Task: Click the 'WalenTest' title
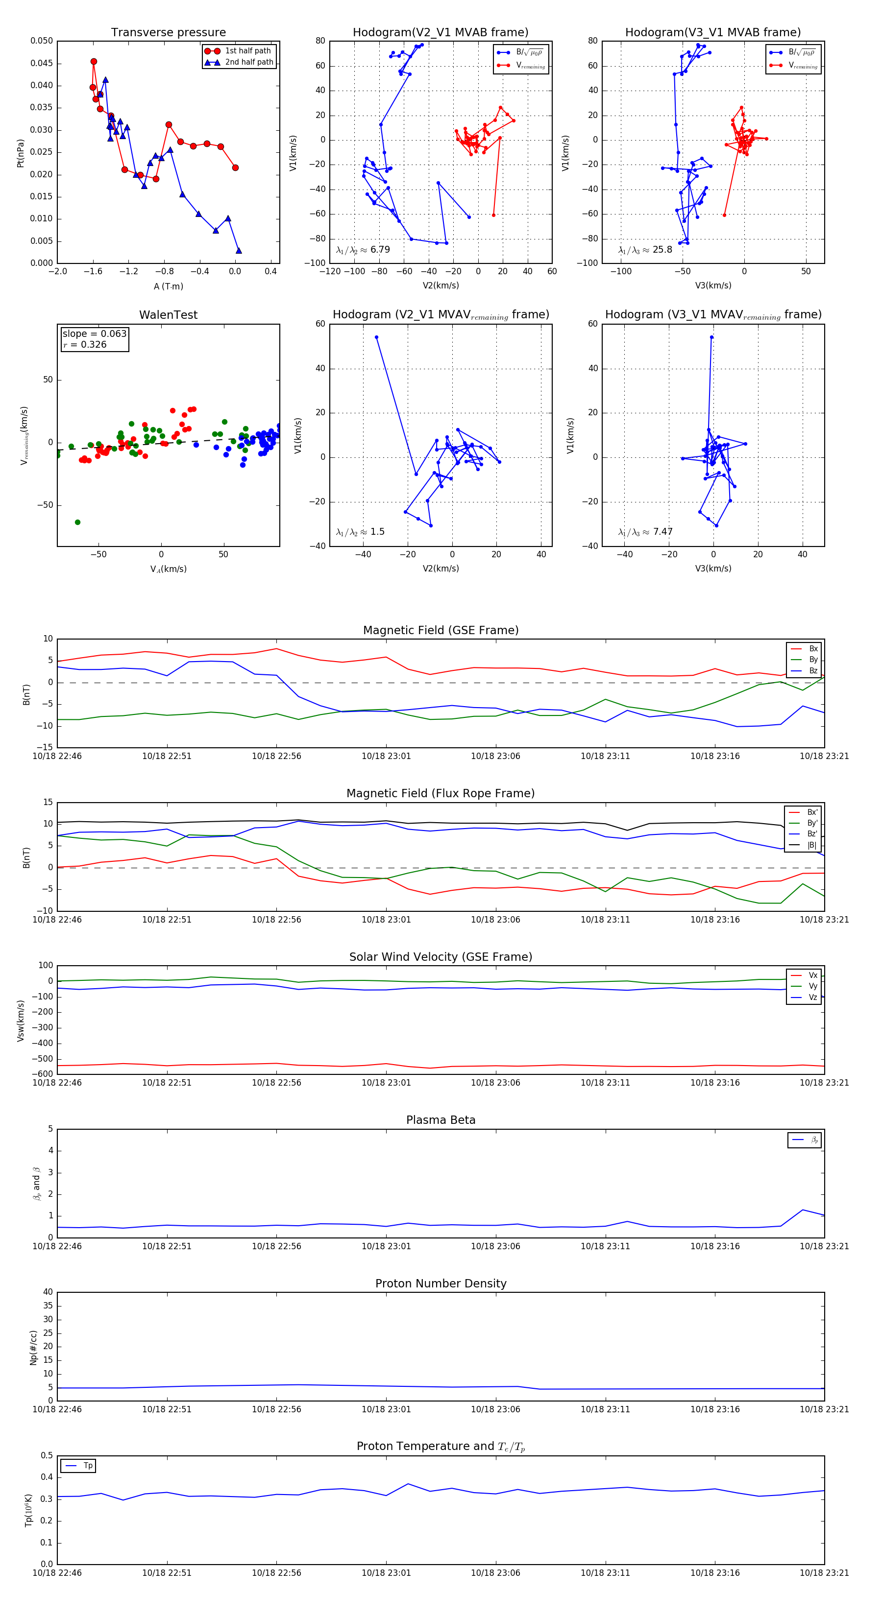[168, 315]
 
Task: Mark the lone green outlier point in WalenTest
[78, 522]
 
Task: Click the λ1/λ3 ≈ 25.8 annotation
[645, 250]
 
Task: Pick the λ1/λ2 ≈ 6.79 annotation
[363, 250]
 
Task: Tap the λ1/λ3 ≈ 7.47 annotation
[645, 532]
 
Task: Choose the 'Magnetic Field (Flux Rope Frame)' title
[441, 794]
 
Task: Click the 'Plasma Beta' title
[441, 1120]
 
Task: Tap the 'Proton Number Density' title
[441, 1283]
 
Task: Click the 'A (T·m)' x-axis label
[168, 286]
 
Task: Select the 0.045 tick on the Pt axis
[42, 63]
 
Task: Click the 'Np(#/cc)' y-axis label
[33, 1348]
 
